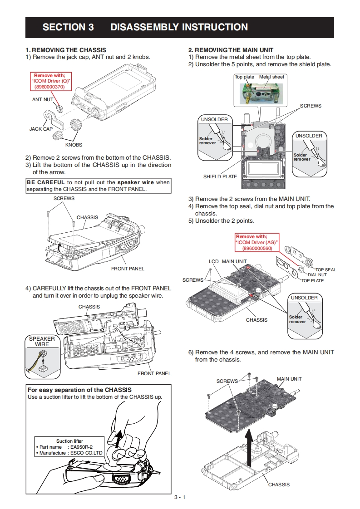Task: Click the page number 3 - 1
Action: coord(180,497)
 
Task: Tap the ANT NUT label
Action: coord(43,99)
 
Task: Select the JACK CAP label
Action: coord(41,129)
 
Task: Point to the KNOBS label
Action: coord(74,145)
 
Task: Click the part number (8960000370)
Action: coord(50,87)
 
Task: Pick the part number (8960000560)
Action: coord(257,248)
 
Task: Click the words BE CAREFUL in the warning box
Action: coord(45,182)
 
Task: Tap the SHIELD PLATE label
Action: coord(220,176)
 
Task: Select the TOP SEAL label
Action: coord(325,269)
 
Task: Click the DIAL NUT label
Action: coord(317,275)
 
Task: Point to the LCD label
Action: coord(214,261)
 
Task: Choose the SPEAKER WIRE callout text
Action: coord(42,342)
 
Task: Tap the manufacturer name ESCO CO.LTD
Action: coord(86,453)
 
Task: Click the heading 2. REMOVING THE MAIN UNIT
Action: coord(231,50)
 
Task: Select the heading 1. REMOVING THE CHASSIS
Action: coord(66,50)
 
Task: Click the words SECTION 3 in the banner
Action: coord(68,27)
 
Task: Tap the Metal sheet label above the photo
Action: coord(271,77)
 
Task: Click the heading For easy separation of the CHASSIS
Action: coord(80,390)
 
